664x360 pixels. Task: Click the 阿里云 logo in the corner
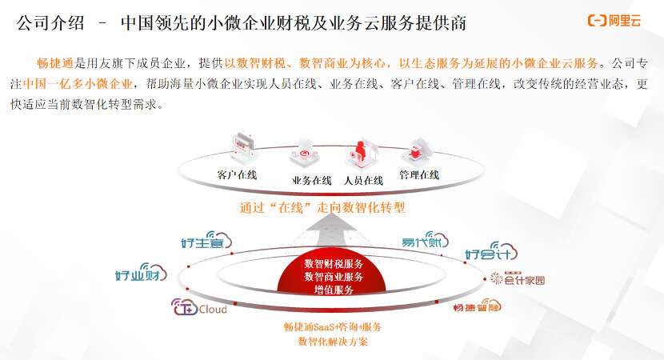[614, 21]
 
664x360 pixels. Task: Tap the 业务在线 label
[311, 180]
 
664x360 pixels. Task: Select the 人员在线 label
[363, 180]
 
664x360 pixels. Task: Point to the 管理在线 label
[419, 174]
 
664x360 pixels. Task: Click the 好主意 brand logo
[206, 241]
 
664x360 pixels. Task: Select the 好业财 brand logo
[141, 274]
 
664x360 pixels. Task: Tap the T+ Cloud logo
[199, 309]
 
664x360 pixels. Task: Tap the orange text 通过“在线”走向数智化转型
[322, 208]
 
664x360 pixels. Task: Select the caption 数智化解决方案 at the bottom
[332, 342]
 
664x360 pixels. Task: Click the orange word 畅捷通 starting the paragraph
[55, 63]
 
